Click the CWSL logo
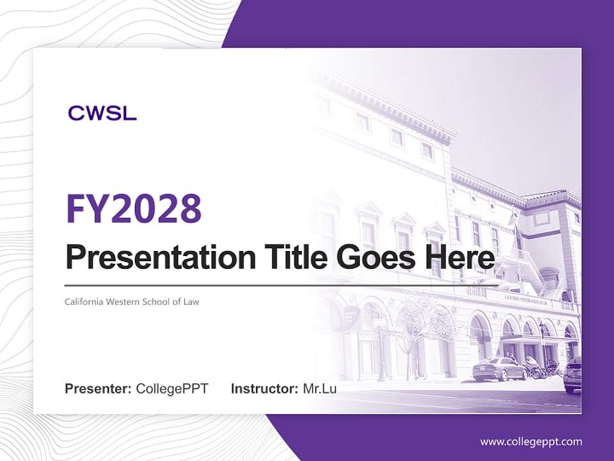102,114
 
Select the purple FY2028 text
134,209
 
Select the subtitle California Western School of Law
132,302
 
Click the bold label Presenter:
98,389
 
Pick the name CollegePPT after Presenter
172,389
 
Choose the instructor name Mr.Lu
320,389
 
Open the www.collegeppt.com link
531,442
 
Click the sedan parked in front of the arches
499,369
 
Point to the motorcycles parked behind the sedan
540,368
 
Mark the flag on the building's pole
513,218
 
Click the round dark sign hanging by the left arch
351,315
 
